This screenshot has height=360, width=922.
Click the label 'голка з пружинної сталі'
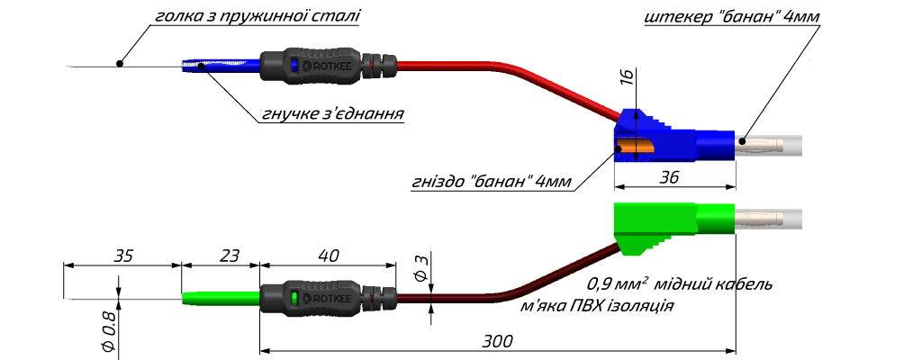click(x=257, y=15)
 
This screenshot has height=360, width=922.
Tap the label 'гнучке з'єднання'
click(x=331, y=114)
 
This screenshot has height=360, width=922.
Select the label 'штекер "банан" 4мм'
click(x=732, y=17)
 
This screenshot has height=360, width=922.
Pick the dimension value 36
click(x=669, y=177)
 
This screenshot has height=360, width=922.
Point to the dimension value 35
click(x=123, y=256)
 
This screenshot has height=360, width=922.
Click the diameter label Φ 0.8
click(x=107, y=332)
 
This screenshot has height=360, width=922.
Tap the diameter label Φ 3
click(x=420, y=268)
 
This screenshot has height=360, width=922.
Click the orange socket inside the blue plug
click(x=636, y=147)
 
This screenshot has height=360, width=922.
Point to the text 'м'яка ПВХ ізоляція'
click(x=597, y=306)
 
